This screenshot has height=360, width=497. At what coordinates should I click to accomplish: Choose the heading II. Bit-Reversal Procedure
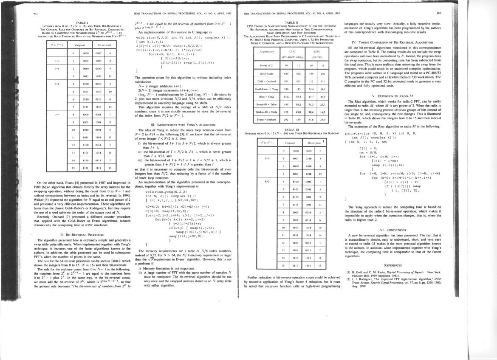coord(81,234)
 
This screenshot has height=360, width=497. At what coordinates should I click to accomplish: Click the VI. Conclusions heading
coord(398,230)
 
